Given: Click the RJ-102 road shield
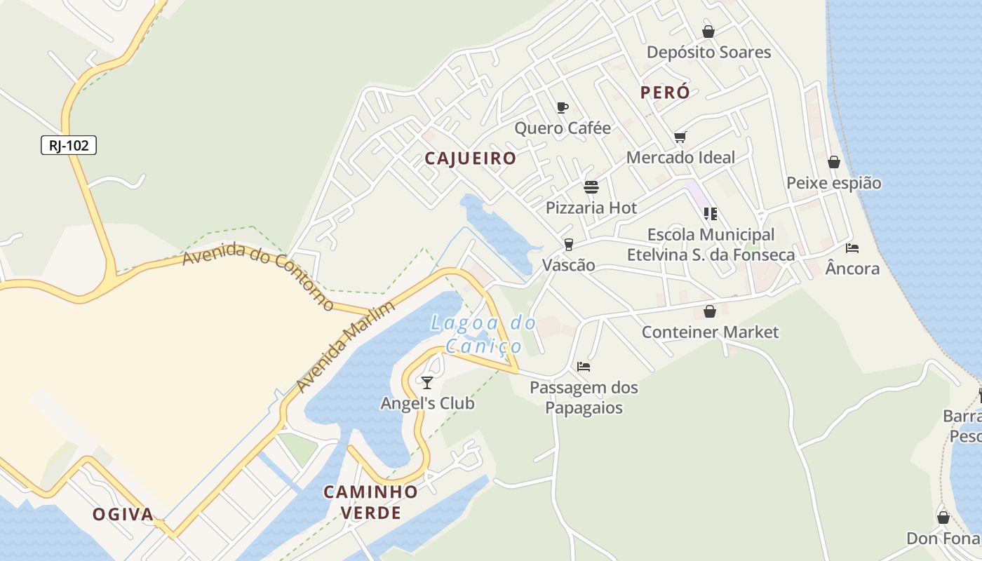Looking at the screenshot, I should [x=68, y=145].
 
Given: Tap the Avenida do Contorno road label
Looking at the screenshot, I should [x=258, y=276].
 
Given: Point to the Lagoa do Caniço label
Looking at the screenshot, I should [x=483, y=334].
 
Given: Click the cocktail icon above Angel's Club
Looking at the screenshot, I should [x=426, y=382].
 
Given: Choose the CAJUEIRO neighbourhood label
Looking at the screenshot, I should [x=471, y=158].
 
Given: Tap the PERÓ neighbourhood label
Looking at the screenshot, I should [x=665, y=93].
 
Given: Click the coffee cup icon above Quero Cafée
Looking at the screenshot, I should [x=562, y=107].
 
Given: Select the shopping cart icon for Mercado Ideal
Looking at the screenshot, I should [x=680, y=137].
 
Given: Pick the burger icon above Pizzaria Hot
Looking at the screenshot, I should [x=591, y=187].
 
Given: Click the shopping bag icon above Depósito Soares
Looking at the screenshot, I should [x=708, y=32].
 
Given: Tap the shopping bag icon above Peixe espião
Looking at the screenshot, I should [x=833, y=162].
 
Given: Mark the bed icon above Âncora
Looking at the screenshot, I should [x=852, y=248].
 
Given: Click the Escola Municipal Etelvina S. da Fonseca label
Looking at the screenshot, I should [x=711, y=245].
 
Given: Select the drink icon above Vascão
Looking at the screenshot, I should [x=568, y=244].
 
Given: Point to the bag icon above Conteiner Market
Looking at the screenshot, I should [x=710, y=311].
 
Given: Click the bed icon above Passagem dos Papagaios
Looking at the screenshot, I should [x=584, y=366].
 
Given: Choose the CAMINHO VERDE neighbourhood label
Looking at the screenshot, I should [x=370, y=502].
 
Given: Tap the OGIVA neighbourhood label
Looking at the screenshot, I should [x=123, y=515].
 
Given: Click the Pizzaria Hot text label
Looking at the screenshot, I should [x=591, y=208].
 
